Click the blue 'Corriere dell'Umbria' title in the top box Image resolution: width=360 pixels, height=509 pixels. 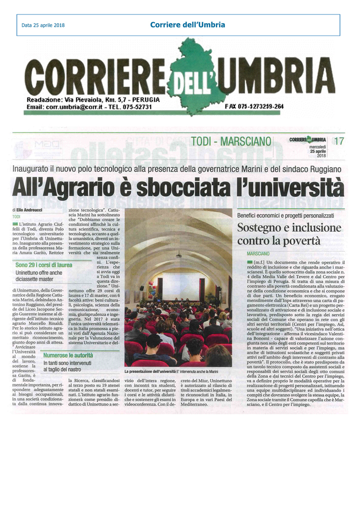(187, 24)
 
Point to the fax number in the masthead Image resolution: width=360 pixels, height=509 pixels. (254, 106)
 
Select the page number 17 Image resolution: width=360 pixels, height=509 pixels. (338, 140)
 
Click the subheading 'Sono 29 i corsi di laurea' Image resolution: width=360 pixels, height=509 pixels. (44, 265)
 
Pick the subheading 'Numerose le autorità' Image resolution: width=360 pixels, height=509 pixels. (68, 355)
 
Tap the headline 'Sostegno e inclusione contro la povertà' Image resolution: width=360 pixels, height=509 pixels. (289, 234)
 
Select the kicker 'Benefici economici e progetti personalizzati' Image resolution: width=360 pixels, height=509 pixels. (285, 215)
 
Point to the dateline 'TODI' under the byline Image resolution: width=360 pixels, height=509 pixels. (17, 216)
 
